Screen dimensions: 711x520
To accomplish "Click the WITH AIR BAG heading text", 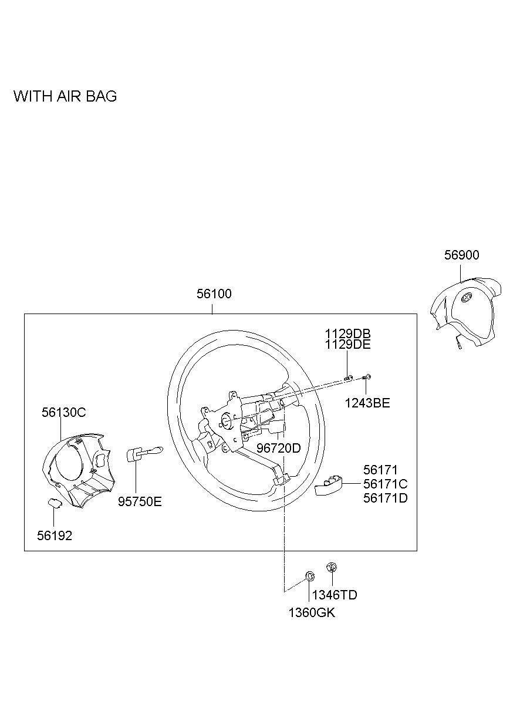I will point(65,96).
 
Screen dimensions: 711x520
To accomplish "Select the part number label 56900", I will point(461,255).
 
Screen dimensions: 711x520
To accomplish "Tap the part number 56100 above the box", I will point(214,294).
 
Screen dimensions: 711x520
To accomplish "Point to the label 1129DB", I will point(348,333).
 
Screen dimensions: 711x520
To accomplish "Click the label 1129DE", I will point(348,345).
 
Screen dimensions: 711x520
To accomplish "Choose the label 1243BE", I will point(367,403).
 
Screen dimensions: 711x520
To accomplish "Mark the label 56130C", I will point(63,412).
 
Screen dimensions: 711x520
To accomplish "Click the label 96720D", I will point(279,448).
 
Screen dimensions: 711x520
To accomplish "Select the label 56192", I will point(55,535).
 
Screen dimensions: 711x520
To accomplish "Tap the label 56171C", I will point(385,484).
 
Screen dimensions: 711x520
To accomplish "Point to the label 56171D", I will point(385,498).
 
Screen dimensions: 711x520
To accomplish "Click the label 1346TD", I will point(335,595).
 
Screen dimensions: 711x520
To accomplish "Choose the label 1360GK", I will point(312,613).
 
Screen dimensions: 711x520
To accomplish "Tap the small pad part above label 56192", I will point(53,502).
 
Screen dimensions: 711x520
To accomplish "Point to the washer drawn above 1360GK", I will point(308,575).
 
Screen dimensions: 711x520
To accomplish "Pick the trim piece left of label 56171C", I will point(329,487).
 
